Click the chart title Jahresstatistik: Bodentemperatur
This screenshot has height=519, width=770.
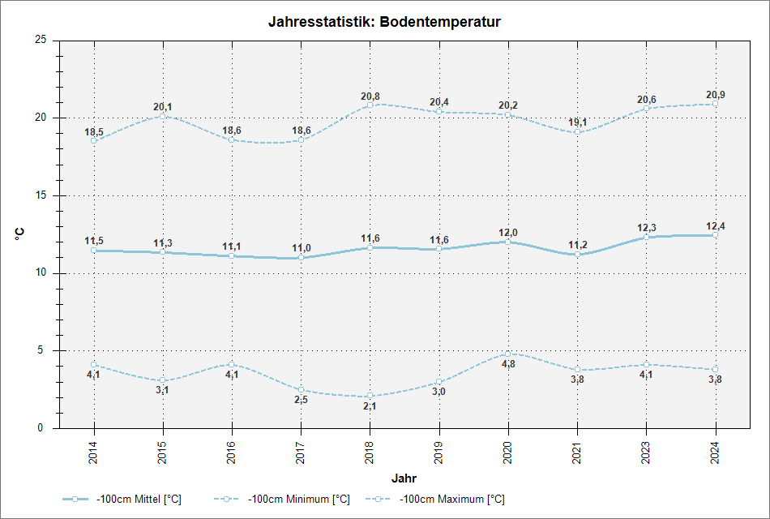click(x=384, y=22)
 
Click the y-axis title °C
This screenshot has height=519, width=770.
click(x=19, y=234)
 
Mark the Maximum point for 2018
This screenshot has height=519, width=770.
click(x=370, y=105)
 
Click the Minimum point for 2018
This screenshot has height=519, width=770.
click(x=370, y=396)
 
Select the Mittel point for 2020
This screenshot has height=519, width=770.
click(x=508, y=242)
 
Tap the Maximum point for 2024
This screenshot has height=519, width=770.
click(x=715, y=104)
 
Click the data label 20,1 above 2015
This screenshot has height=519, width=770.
click(x=163, y=107)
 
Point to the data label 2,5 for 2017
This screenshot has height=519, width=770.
click(x=301, y=400)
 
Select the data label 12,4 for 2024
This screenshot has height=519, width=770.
click(x=716, y=226)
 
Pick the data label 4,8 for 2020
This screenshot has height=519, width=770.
click(x=508, y=364)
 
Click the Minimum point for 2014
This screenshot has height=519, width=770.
click(x=94, y=365)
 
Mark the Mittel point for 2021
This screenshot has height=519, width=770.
click(x=577, y=255)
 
